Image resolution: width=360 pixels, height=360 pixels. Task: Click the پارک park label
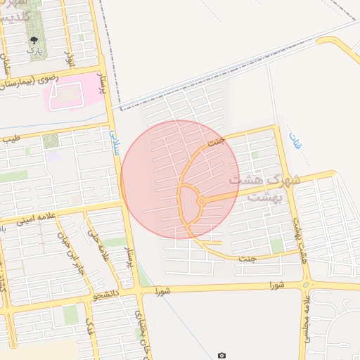tap(33, 51)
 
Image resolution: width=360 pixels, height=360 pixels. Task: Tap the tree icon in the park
tap(33, 40)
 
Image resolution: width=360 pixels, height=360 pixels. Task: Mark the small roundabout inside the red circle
tap(201, 202)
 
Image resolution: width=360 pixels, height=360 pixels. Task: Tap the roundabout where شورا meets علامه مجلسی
tap(306, 285)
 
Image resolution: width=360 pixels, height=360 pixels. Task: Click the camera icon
tap(222, 356)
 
